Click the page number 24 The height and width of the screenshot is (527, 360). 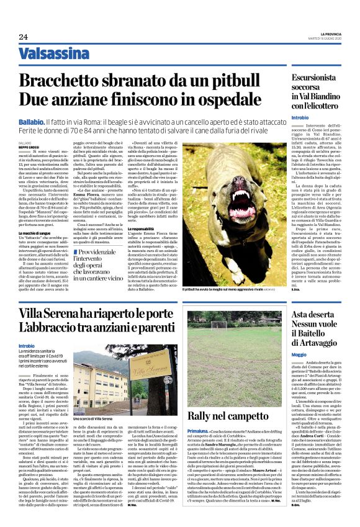(23, 37)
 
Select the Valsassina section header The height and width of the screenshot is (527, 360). (53, 54)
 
